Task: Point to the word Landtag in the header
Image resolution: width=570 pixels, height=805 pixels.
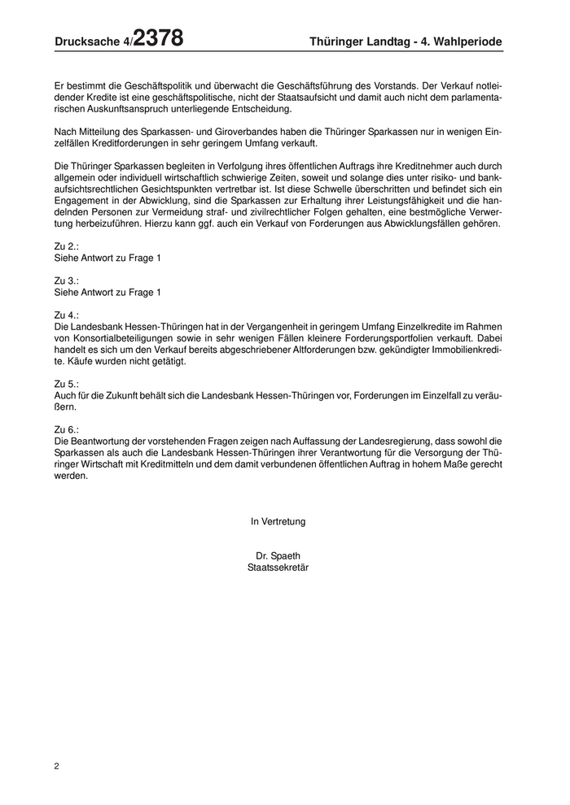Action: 383,41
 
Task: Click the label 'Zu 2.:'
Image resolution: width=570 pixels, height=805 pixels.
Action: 66,246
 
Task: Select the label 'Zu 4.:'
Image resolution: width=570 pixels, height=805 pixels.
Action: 66,314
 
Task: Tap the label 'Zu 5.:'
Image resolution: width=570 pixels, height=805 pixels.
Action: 66,382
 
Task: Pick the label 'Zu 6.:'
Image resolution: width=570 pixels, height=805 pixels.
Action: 66,428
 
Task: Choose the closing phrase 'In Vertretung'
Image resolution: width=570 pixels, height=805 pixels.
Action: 278,521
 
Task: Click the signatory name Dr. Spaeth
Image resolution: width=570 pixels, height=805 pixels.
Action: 278,556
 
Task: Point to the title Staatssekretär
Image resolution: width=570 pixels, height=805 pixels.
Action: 278,568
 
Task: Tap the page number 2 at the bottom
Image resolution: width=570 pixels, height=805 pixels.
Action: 57,766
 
